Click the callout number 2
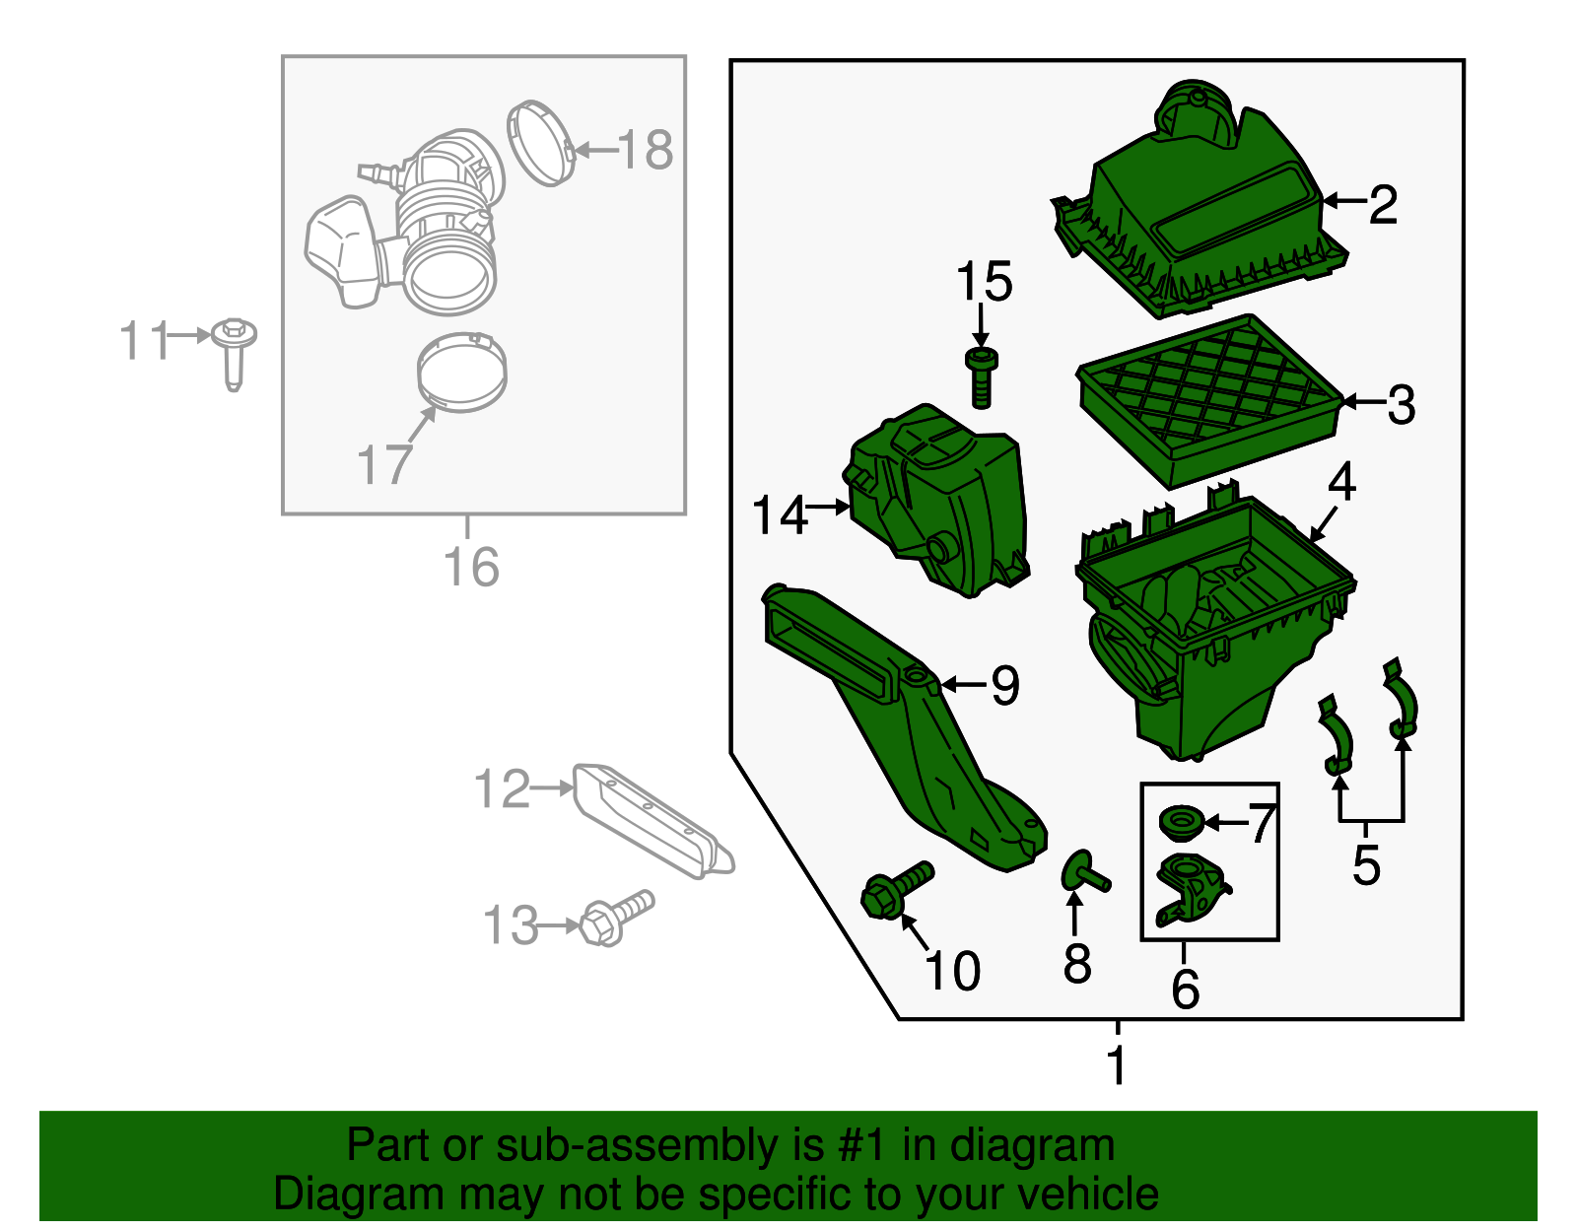(x=1383, y=205)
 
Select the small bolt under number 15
(x=981, y=376)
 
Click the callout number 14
(x=779, y=515)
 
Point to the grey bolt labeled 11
(x=234, y=352)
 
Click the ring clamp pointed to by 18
(x=540, y=143)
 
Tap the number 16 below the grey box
(x=471, y=568)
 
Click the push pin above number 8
(x=1083, y=872)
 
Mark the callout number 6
(x=1185, y=989)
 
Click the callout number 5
(x=1366, y=864)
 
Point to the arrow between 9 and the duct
(x=963, y=684)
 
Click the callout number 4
(x=1342, y=483)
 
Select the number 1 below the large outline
(x=1116, y=1064)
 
